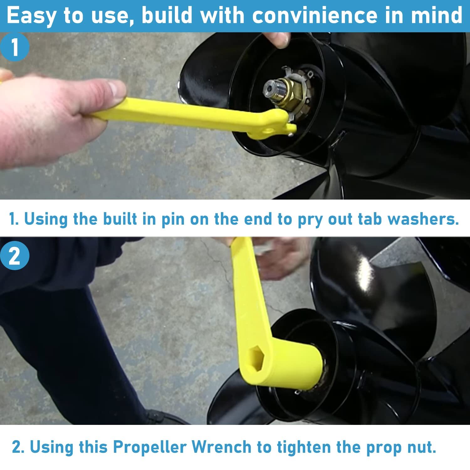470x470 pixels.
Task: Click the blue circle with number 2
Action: pos(14,257)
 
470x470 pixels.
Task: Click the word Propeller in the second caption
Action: pos(149,447)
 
